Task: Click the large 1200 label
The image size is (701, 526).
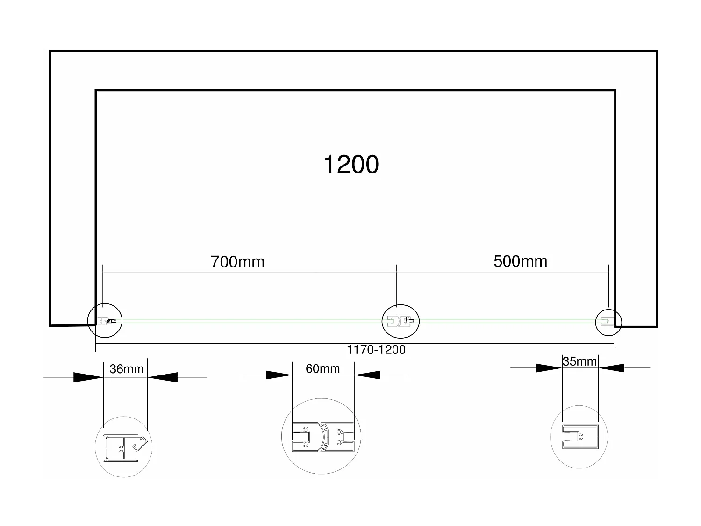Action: click(351, 165)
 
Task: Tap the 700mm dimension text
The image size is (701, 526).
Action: click(237, 262)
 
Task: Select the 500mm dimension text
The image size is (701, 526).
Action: click(520, 261)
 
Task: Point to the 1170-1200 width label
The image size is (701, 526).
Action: click(376, 350)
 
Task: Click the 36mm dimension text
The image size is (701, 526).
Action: click(127, 369)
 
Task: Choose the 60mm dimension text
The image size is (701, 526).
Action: click(322, 368)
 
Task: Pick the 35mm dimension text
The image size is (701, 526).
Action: click(579, 361)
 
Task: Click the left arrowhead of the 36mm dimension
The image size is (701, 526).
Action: click(88, 377)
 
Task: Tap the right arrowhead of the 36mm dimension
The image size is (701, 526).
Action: click(163, 376)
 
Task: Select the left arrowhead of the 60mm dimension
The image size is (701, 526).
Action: click(279, 375)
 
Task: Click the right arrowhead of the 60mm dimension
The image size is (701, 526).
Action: click(367, 375)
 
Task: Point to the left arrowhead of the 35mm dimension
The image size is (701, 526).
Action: click(548, 368)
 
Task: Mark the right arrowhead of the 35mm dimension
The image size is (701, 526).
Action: click(611, 368)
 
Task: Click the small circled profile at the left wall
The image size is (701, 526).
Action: click(105, 321)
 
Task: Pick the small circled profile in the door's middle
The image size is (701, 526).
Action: click(401, 321)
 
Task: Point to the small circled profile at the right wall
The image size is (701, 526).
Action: click(608, 321)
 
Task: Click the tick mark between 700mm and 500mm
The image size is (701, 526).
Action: click(396, 272)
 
